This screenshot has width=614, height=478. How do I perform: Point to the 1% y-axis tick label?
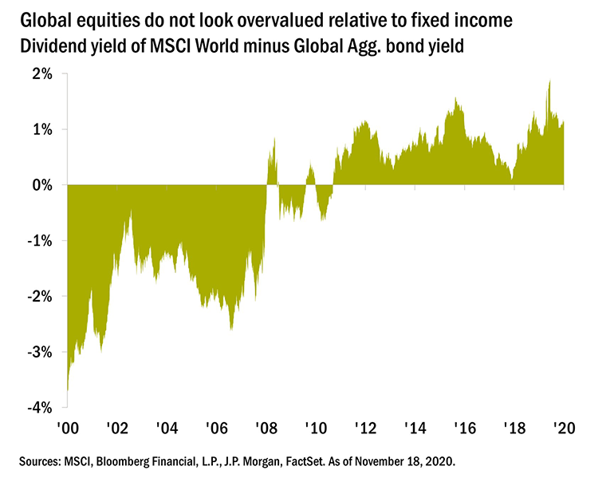(42, 129)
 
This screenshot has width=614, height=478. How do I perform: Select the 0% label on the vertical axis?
(42, 185)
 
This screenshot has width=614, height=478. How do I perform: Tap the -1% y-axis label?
(40, 241)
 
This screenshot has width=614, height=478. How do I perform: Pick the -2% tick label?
(40, 297)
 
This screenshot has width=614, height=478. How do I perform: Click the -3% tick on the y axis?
(40, 353)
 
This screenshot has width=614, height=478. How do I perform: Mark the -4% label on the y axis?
(40, 408)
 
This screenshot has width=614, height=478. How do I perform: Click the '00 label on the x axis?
(66, 429)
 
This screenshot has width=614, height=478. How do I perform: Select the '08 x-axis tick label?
(266, 429)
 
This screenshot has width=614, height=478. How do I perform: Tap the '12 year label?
(364, 429)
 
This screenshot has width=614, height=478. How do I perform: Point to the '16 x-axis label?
(464, 429)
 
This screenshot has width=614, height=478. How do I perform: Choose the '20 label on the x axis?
(563, 429)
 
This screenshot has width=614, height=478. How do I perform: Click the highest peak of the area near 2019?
(549, 81)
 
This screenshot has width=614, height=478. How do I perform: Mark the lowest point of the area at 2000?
(67, 393)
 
